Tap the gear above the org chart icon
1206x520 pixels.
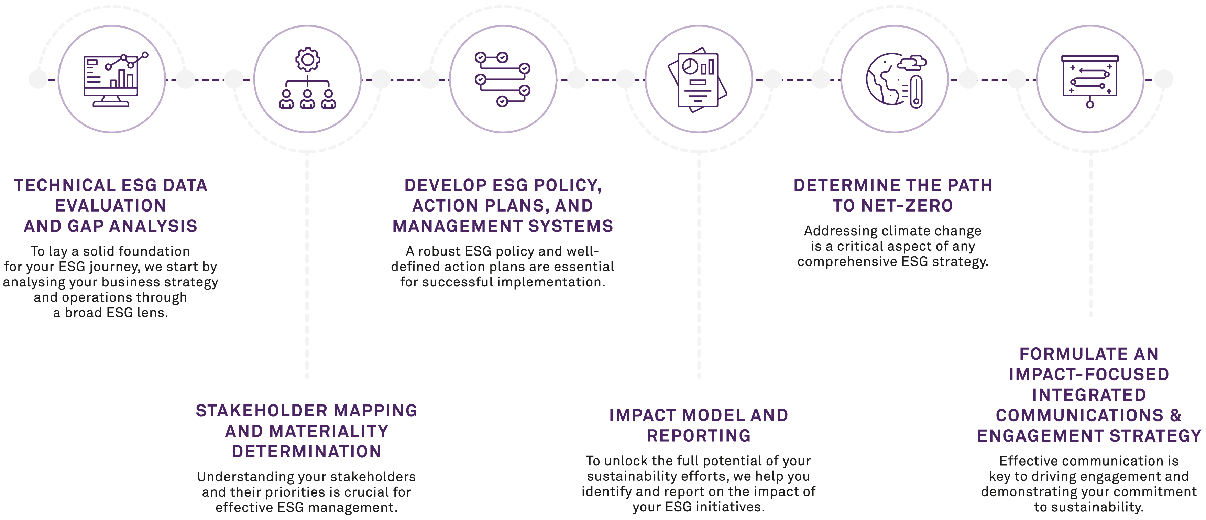click(307, 60)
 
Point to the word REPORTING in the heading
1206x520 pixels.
click(699, 436)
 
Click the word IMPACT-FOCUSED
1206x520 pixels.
click(1089, 374)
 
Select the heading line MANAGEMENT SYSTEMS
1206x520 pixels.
click(502, 227)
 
